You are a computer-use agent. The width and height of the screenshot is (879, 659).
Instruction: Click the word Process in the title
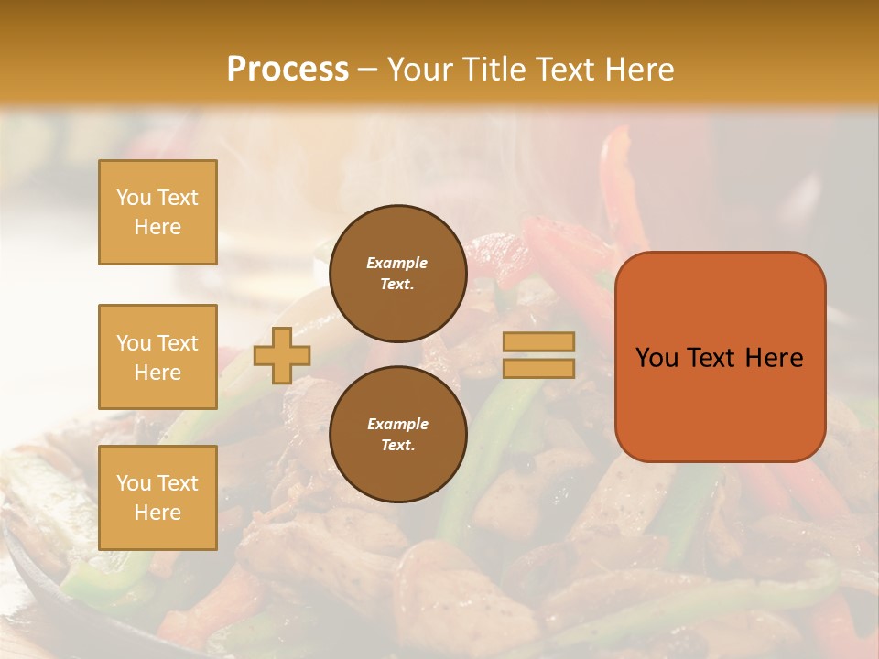288,70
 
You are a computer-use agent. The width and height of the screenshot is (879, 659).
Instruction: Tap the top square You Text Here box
157,212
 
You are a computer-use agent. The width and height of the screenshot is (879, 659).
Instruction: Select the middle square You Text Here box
157,357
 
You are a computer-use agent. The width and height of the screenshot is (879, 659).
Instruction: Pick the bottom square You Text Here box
157,498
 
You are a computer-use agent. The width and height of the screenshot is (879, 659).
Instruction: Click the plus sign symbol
282,355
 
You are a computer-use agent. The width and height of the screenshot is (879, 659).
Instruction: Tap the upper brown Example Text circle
397,274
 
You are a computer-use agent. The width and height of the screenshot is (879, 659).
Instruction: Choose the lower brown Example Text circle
397,434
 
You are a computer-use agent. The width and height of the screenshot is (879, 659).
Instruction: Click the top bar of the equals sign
538,342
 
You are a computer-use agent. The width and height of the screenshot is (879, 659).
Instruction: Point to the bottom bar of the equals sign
538,368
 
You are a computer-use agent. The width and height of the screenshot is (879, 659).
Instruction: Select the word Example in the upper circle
397,263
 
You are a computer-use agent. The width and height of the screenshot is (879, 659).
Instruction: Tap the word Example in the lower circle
397,424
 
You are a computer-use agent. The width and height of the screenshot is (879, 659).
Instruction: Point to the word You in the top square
134,198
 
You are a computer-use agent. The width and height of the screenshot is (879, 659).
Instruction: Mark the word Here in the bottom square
157,513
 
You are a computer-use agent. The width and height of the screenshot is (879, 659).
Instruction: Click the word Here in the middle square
157,373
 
